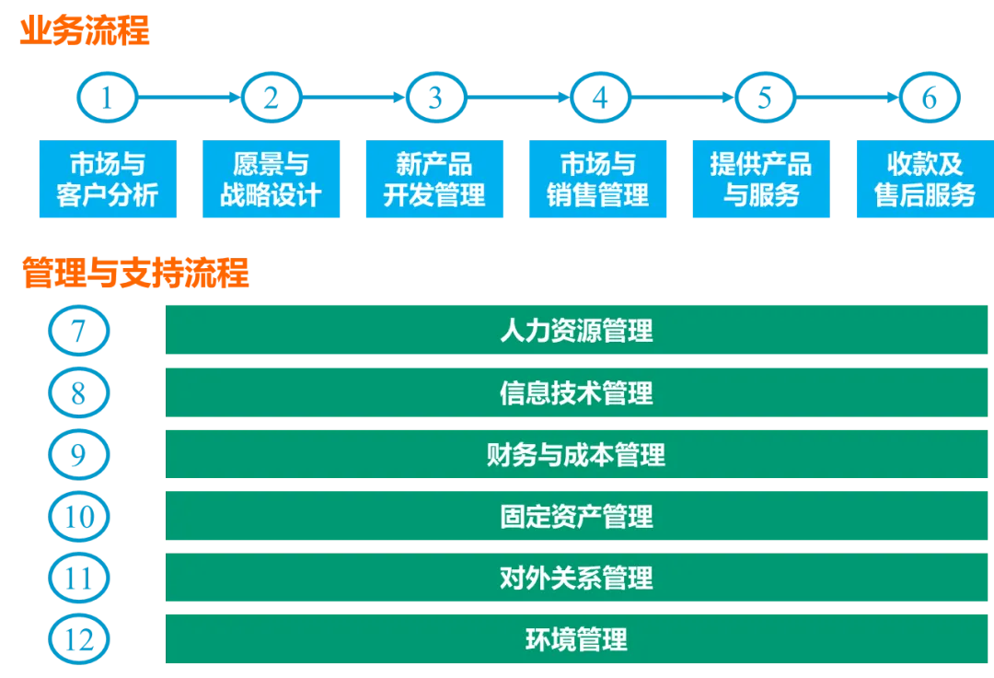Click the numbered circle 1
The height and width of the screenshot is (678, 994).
click(108, 97)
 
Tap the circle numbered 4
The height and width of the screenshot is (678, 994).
click(600, 97)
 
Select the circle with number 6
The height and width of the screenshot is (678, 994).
click(930, 97)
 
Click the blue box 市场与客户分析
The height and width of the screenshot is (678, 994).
click(107, 180)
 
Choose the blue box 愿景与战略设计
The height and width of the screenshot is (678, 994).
click(271, 180)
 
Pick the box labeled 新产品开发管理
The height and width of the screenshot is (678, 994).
click(434, 180)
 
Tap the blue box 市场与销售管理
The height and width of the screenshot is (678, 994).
click(598, 180)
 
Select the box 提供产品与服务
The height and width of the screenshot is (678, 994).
click(761, 180)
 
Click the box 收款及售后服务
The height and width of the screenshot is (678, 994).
click(924, 180)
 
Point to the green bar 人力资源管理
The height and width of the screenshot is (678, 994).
click(576, 330)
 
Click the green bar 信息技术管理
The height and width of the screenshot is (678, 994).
click(576, 392)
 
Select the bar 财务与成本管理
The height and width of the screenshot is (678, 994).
click(576, 454)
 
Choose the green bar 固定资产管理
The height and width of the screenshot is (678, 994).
click(576, 516)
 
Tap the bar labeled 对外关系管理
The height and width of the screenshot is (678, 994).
click(576, 578)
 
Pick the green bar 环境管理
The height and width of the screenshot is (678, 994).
click(576, 639)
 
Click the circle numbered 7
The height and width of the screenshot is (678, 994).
click(78, 330)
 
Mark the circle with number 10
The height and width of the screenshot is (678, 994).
click(78, 516)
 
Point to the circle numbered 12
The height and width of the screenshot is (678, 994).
click(78, 639)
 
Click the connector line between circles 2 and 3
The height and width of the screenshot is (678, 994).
click(353, 95)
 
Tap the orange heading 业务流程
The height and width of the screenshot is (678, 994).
click(84, 31)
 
